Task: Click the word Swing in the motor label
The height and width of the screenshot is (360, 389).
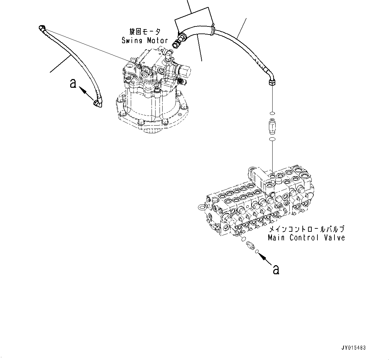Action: pyautogui.click(x=132, y=41)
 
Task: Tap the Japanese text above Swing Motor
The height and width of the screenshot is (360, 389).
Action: pyautogui.click(x=145, y=32)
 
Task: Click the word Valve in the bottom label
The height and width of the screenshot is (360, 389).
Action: pyautogui.click(x=333, y=237)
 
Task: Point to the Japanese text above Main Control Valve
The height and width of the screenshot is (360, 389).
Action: pyautogui.click(x=307, y=229)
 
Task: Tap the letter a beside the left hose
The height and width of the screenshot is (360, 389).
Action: pyautogui.click(x=73, y=83)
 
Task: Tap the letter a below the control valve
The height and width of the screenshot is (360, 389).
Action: pyautogui.click(x=276, y=269)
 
